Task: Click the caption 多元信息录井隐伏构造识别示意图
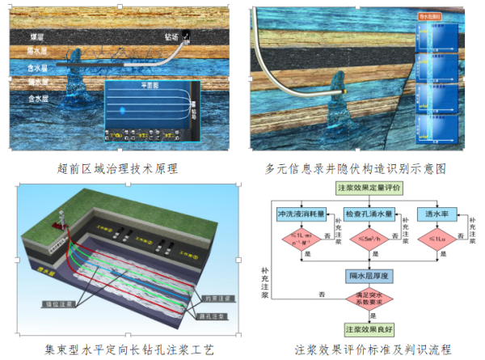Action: click(356, 168)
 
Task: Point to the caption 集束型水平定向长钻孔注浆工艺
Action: click(116, 349)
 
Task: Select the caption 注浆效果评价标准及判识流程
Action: click(367, 349)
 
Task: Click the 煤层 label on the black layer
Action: click(37, 37)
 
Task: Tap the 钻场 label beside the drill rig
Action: click(171, 37)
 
